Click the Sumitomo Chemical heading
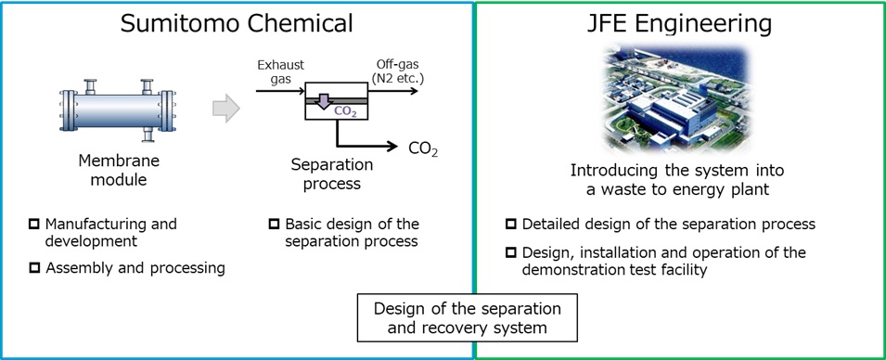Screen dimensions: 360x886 [237, 23]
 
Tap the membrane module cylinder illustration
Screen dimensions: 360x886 [118, 110]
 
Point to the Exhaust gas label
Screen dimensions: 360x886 [279, 71]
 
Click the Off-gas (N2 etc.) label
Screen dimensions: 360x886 [398, 71]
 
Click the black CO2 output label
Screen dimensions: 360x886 [423, 148]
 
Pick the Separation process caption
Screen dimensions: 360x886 [331, 174]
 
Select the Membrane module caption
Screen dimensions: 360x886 [118, 170]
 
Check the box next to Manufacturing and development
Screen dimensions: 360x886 [34, 225]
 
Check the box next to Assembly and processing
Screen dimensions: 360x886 [34, 269]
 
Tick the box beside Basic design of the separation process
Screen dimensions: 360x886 [274, 225]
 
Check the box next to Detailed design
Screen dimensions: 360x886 [511, 225]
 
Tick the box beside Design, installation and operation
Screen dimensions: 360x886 [511, 252]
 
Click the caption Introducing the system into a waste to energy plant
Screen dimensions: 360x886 [677, 180]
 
